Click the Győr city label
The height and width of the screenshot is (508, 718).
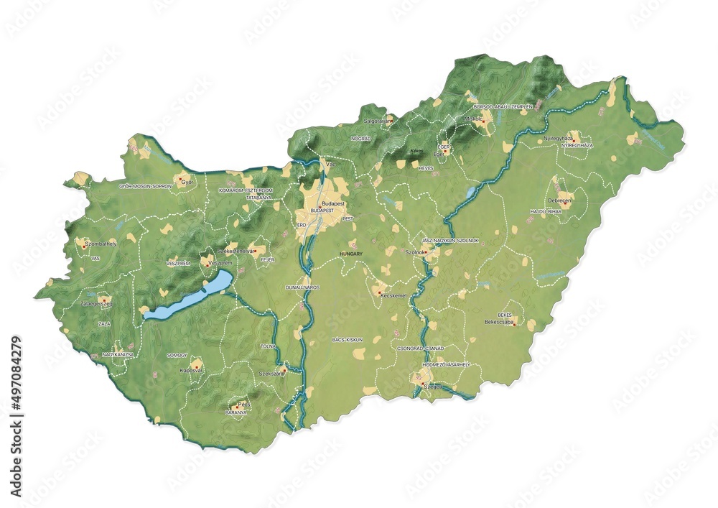pyautogui.click(x=188, y=183)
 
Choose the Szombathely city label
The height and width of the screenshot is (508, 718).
pyautogui.click(x=101, y=244)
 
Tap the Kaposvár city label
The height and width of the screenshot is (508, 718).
pyautogui.click(x=192, y=371)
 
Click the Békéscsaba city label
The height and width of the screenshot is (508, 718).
pyautogui.click(x=501, y=323)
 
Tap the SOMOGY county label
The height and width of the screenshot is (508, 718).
pyautogui.click(x=176, y=355)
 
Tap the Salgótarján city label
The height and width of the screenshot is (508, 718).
pyautogui.click(x=378, y=121)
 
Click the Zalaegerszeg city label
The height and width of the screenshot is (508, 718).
pyautogui.click(x=101, y=305)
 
